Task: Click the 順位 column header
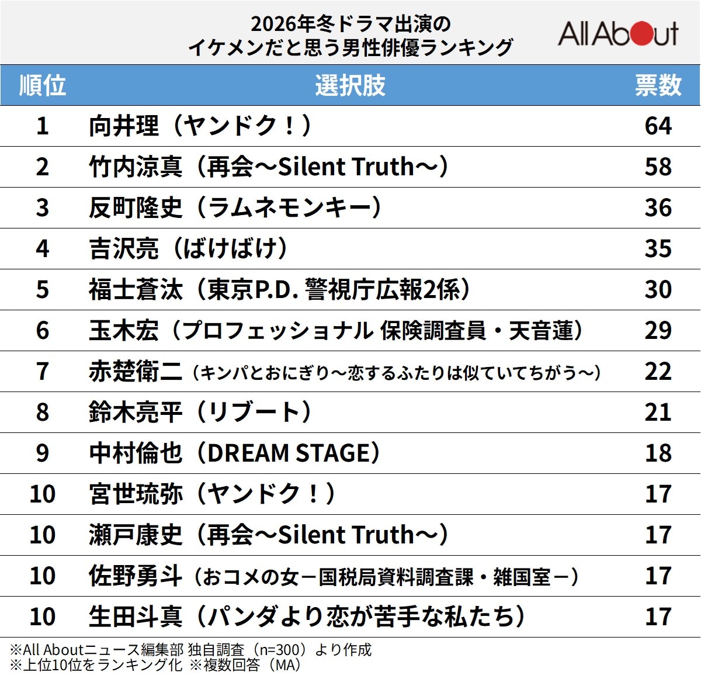point(42,85)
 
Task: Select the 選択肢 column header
point(350,85)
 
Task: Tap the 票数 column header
point(658,85)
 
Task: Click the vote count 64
point(658,126)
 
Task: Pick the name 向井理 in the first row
point(124,126)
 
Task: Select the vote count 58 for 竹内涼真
point(658,167)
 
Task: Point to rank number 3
point(42,208)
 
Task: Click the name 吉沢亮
point(124,249)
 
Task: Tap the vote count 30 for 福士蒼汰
point(658,290)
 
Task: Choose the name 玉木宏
point(124,331)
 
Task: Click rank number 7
point(42,372)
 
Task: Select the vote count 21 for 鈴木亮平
point(658,413)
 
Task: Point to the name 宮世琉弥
point(136,494)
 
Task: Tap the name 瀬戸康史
point(136,535)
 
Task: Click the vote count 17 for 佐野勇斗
point(658,576)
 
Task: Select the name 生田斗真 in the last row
point(136,617)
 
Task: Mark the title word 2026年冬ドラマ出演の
point(350,24)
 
